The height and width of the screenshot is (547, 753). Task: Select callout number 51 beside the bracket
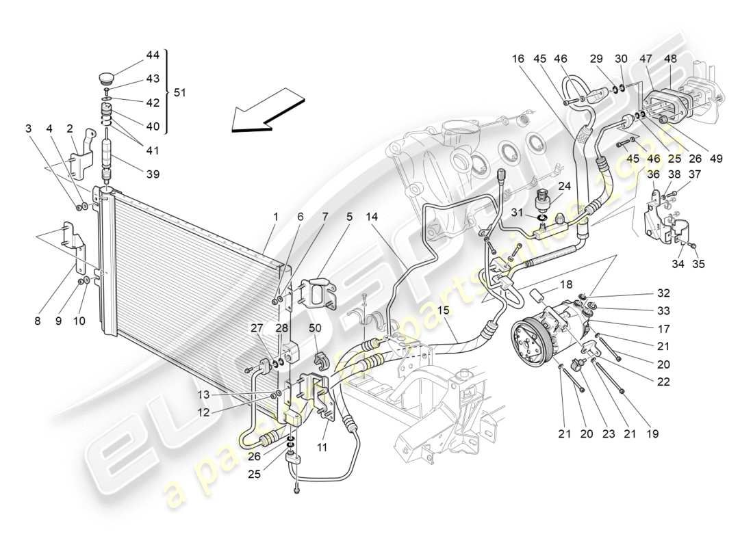click(x=180, y=92)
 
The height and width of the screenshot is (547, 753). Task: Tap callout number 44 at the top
click(x=152, y=55)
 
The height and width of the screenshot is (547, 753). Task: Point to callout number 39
click(x=152, y=174)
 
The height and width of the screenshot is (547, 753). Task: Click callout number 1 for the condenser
click(x=275, y=217)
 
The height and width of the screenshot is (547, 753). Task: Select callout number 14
click(x=372, y=217)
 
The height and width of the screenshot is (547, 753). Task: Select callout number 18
click(x=566, y=284)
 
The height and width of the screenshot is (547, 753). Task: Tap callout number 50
click(x=315, y=329)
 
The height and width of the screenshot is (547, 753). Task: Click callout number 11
click(x=322, y=448)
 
